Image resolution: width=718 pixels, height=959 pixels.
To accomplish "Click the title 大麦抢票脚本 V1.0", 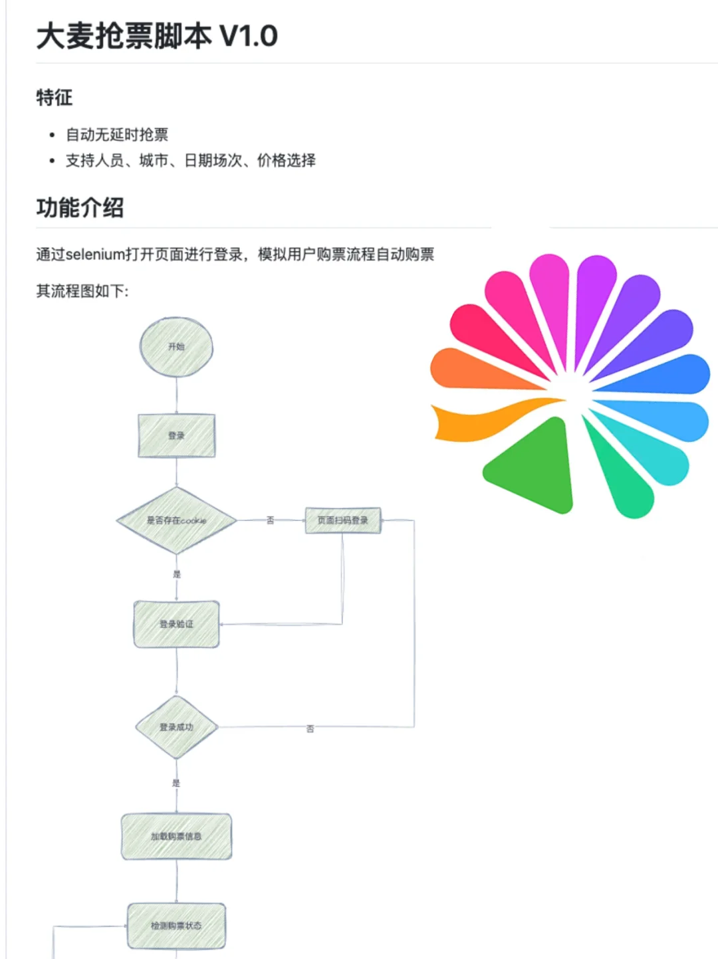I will [157, 36].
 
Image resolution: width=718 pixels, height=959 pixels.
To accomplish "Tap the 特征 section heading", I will [55, 98].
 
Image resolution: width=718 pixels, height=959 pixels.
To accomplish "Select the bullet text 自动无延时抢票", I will [117, 135].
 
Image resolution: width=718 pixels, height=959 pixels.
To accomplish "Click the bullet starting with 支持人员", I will [190, 161].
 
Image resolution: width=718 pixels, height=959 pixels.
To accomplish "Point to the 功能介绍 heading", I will [80, 207].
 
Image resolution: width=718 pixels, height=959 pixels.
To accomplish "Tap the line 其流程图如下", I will [82, 291].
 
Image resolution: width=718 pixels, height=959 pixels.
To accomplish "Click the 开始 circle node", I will [176, 347].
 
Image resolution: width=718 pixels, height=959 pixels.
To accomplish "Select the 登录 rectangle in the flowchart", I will [176, 436].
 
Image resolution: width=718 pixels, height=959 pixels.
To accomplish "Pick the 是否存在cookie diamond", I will [176, 520].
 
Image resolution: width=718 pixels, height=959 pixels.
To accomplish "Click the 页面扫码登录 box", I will [342, 520].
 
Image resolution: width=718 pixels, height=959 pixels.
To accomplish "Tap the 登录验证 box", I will [176, 624].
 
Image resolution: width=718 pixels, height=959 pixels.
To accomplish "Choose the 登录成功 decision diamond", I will [176, 727].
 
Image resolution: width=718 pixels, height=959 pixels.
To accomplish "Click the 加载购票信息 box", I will [176, 836].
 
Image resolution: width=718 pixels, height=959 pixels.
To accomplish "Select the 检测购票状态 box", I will [176, 926].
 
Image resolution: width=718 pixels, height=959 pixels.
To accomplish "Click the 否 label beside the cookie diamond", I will [271, 520].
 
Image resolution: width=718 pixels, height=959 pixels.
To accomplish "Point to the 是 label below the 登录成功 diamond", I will [176, 783].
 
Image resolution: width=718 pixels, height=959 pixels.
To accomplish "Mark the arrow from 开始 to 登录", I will [176, 395].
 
